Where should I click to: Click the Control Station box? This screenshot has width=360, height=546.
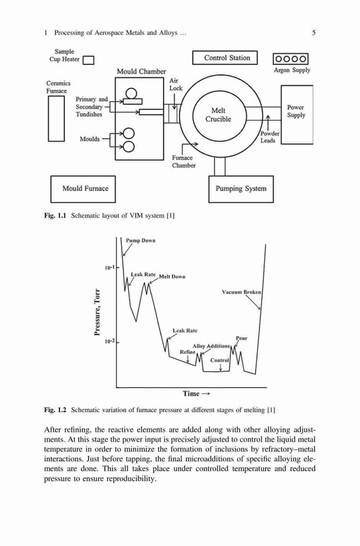(225, 58)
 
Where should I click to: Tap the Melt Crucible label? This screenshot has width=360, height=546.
(218, 115)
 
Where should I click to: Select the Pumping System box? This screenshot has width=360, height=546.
(241, 189)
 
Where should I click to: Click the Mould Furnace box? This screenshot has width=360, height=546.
(83, 189)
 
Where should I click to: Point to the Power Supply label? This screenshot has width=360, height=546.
(296, 111)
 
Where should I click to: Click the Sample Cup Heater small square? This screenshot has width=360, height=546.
(88, 60)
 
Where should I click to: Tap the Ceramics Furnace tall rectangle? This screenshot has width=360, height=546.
(56, 118)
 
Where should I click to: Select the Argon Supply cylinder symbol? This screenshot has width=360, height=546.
(291, 59)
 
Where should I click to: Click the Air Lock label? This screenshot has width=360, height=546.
(176, 84)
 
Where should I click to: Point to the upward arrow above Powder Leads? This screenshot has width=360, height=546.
(268, 122)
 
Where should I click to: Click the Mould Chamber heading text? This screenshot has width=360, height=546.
(141, 72)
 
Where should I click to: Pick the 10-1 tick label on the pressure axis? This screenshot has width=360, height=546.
(109, 268)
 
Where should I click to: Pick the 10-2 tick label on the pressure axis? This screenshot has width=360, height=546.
(109, 342)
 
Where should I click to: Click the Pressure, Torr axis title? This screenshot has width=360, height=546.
(97, 312)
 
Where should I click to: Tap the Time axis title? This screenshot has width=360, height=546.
(196, 394)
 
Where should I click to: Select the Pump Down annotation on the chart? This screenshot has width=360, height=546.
(140, 241)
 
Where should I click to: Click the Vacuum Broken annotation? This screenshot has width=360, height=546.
(241, 292)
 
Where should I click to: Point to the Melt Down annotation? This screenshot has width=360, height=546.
(172, 277)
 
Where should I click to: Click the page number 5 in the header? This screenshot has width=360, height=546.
(314, 33)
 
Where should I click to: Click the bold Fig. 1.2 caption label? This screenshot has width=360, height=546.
(55, 410)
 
